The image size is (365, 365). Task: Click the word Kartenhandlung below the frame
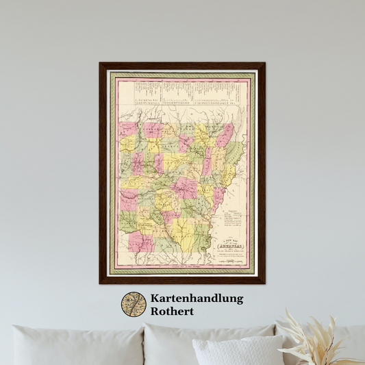[x=197, y=299]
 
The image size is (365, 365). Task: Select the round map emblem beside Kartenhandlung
[x=134, y=305]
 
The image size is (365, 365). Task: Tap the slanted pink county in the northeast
[x=224, y=135]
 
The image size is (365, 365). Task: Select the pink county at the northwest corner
[x=128, y=129]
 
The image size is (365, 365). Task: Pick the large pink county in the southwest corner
[x=140, y=241]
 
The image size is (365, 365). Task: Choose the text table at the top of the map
[x=182, y=92]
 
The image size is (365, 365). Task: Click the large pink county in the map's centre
[x=184, y=187]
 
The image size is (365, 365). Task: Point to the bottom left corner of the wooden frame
[x=101, y=282]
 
